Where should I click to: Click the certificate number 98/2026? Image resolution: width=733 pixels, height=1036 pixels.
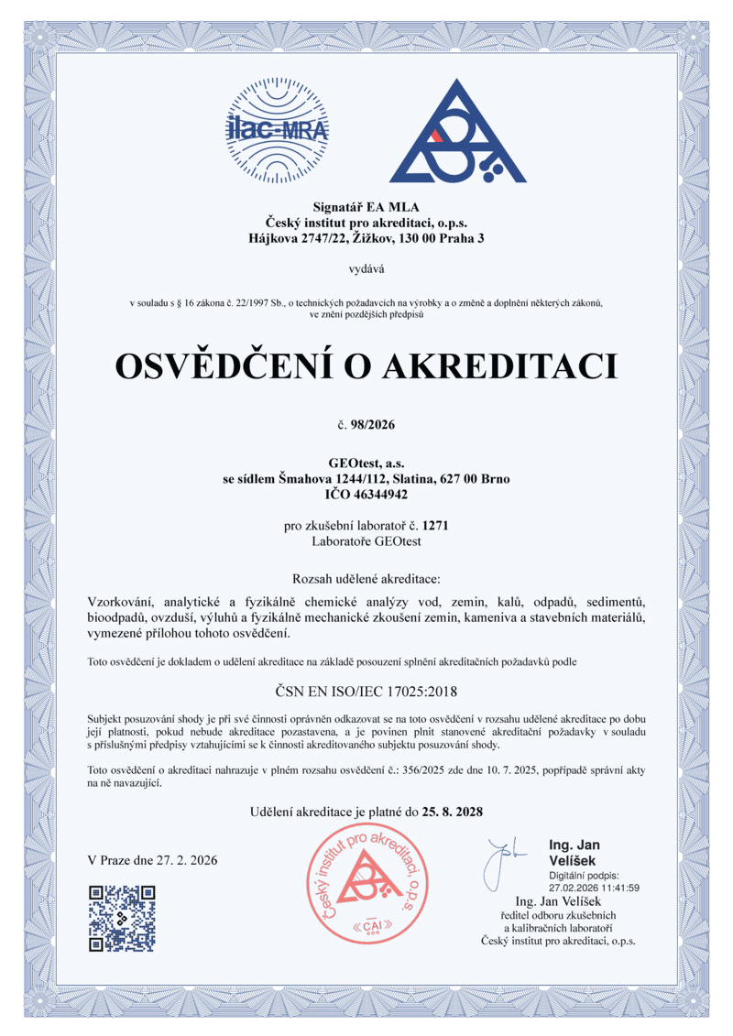(375, 424)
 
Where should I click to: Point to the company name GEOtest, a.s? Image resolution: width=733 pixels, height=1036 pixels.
(366, 464)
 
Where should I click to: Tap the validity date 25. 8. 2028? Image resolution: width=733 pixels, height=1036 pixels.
(452, 812)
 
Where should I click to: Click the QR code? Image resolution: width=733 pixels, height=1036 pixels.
(121, 918)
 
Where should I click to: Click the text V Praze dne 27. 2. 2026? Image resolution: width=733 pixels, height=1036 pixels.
(152, 861)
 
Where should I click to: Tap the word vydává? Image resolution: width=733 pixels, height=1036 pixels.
(366, 269)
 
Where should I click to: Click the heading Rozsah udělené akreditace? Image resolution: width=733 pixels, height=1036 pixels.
(366, 579)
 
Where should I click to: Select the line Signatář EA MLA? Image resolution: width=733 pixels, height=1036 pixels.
(366, 205)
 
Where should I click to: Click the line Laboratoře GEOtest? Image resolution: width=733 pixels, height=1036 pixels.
(366, 540)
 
